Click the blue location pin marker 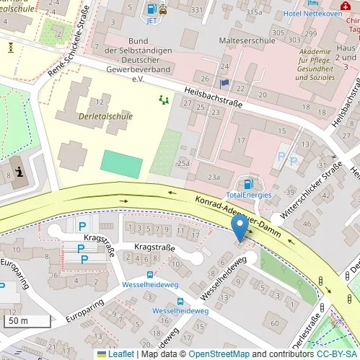click(x=240, y=229)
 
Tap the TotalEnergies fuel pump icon click(x=249, y=184)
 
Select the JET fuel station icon click(x=152, y=9)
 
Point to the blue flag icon click(x=224, y=84)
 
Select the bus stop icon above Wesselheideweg click(x=150, y=275)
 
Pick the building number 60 click(x=274, y=323)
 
